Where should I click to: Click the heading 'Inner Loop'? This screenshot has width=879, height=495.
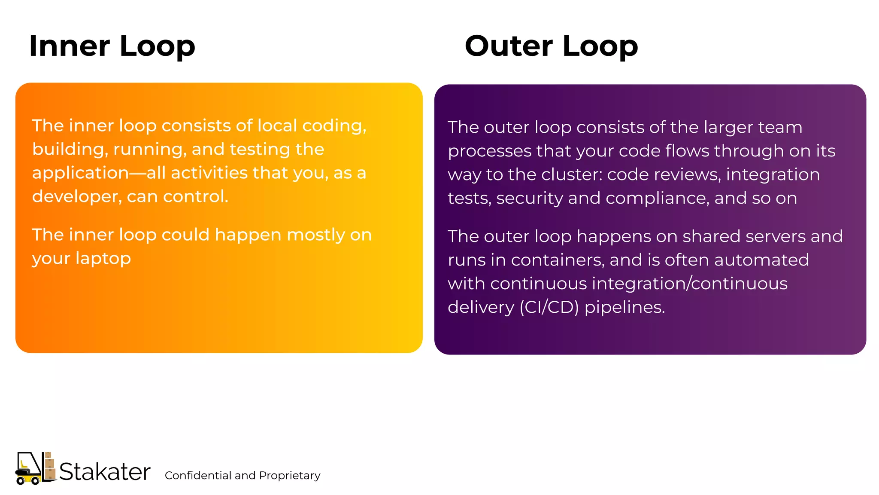pos(112,46)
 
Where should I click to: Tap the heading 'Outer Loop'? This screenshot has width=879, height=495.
pos(551,46)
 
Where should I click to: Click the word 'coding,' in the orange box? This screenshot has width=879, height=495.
pos(334,126)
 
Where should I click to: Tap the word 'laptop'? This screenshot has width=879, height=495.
pos(103,259)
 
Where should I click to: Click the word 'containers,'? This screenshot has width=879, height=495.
pos(558,260)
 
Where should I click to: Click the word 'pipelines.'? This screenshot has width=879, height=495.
pos(624,308)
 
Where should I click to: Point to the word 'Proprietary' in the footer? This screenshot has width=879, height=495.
pos(290,476)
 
